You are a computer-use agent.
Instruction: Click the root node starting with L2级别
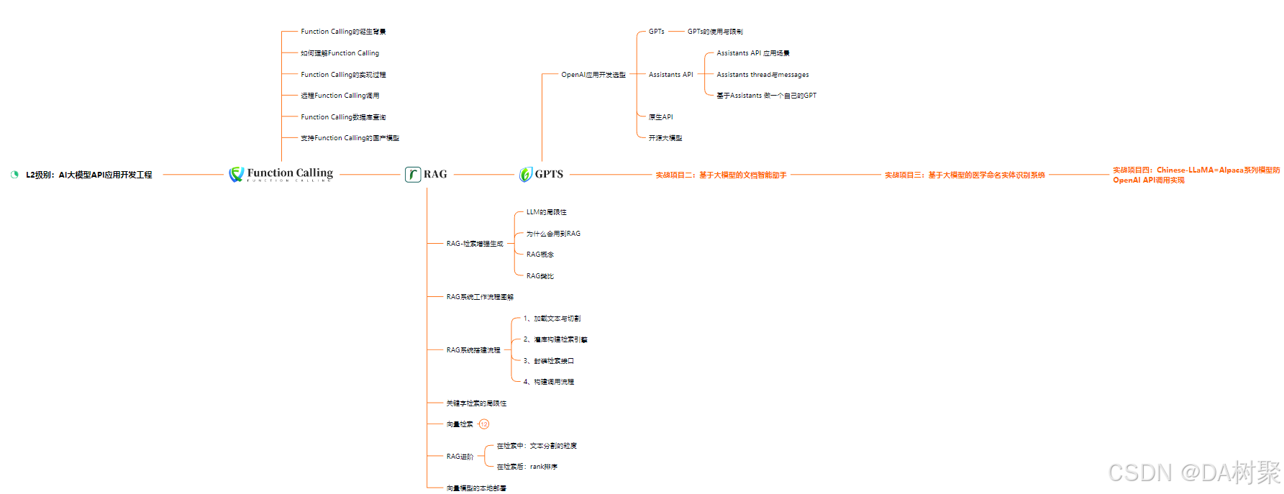coord(88,175)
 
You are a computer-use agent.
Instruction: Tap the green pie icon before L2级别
coord(14,175)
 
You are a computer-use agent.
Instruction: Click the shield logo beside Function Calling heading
coord(236,174)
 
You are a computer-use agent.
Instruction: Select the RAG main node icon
coord(413,174)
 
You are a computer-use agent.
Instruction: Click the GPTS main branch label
coord(549,174)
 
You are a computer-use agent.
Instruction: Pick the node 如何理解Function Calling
coord(340,53)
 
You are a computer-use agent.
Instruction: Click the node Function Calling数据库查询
coord(343,117)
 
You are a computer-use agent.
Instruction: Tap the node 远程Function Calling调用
coord(340,96)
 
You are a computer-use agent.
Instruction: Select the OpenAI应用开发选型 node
coord(593,75)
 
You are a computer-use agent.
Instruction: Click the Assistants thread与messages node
coord(762,75)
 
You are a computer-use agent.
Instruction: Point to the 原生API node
coord(660,117)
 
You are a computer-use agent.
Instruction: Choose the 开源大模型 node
coord(665,138)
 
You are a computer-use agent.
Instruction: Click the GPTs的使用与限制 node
coord(715,32)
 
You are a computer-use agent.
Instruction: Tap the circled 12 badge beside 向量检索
coord(484,424)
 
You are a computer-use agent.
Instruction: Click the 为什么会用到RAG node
coord(553,234)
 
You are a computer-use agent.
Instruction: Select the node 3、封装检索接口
coord(548,361)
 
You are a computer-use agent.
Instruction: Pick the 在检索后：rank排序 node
coord(527,467)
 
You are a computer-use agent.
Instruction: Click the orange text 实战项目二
coord(721,175)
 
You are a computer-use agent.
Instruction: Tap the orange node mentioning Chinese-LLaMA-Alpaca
coord(1196,175)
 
